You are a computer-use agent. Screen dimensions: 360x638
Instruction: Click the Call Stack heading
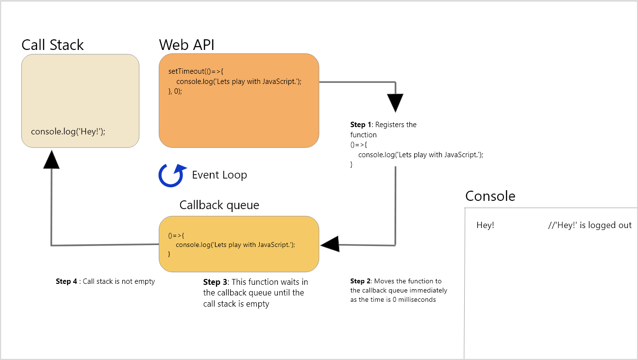pyautogui.click(x=52, y=45)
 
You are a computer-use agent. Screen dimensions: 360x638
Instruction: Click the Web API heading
pyautogui.click(x=186, y=45)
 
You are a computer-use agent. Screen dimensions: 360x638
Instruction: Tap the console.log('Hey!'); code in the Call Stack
pyautogui.click(x=68, y=131)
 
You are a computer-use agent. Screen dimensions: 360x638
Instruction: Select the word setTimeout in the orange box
pyautogui.click(x=186, y=72)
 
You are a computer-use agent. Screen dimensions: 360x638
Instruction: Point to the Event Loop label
pyautogui.click(x=219, y=175)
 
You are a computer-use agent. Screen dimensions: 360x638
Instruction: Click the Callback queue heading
pyautogui.click(x=219, y=205)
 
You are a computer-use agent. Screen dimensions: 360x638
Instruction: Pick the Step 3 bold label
pyautogui.click(x=216, y=282)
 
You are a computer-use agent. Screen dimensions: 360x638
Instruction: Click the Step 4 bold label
pyautogui.click(x=67, y=281)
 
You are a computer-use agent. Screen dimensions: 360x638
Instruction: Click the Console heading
pyautogui.click(x=490, y=196)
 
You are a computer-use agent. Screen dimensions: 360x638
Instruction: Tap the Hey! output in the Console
pyautogui.click(x=485, y=225)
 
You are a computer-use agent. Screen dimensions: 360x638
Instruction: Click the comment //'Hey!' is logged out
pyautogui.click(x=589, y=225)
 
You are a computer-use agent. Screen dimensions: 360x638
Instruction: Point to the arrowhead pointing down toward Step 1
pyautogui.click(x=395, y=102)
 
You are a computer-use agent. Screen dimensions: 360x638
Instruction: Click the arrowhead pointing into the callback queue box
pyautogui.click(x=330, y=245)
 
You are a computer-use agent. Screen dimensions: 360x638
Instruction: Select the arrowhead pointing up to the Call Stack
pyautogui.click(x=51, y=159)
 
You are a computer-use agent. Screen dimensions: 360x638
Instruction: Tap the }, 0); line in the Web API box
pyautogui.click(x=175, y=91)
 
